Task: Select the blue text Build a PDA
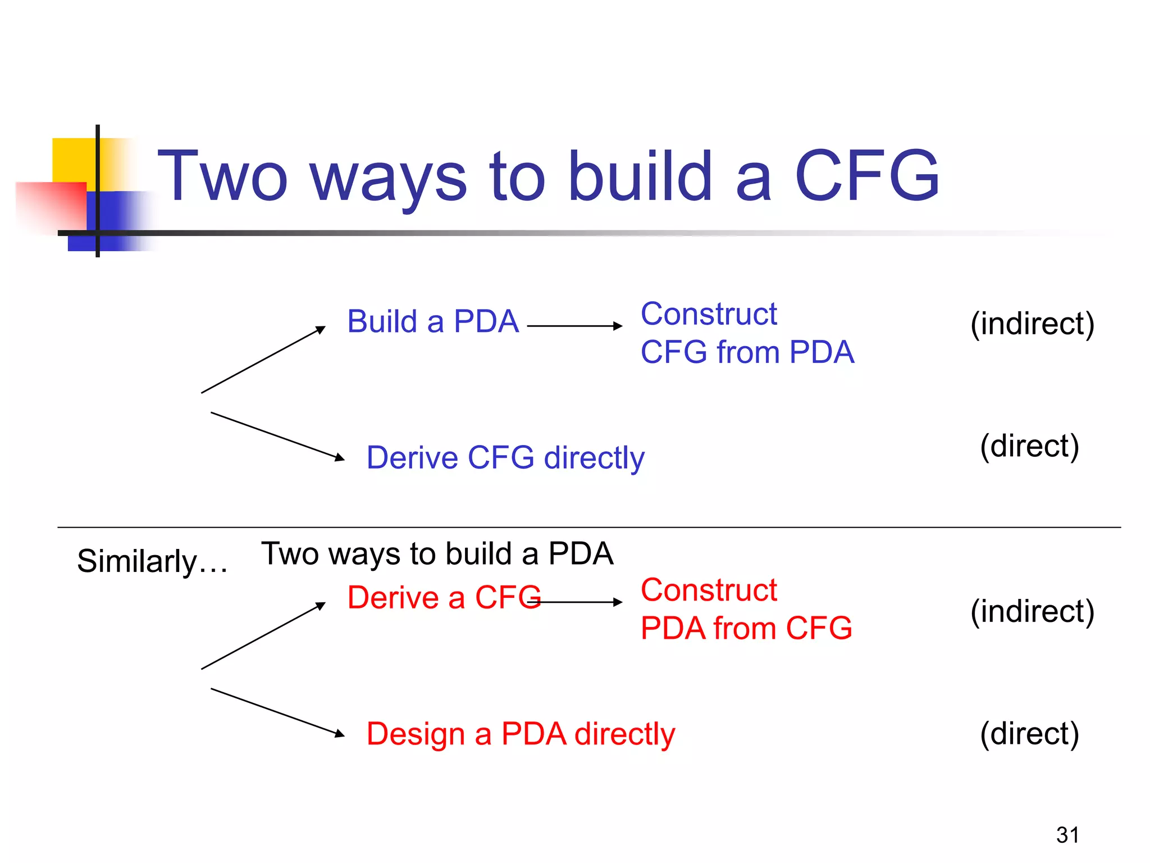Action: [x=433, y=322]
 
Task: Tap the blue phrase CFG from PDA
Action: [x=747, y=352]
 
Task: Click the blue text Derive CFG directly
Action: [x=505, y=457]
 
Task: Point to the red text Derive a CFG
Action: [x=444, y=597]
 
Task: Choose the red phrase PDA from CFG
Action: [x=746, y=628]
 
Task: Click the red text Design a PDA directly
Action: [x=521, y=734]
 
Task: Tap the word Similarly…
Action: [x=152, y=561]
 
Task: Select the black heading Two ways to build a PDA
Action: [x=437, y=554]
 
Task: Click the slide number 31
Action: [x=1067, y=835]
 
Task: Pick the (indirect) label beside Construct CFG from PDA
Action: [x=1032, y=324]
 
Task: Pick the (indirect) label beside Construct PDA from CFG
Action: [x=1032, y=611]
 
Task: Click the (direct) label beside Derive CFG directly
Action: [x=1029, y=446]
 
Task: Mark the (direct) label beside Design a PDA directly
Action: [x=1029, y=734]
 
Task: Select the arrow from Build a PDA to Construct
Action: [x=574, y=326]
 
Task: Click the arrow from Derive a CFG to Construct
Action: [x=578, y=602]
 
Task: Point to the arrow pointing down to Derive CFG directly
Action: [x=277, y=437]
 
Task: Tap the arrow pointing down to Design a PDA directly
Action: [x=277, y=712]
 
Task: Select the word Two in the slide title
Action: [x=222, y=176]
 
